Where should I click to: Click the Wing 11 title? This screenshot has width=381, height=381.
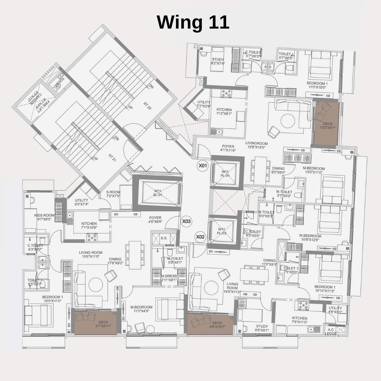point(193,23)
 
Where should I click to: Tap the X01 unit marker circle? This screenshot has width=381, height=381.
point(203,165)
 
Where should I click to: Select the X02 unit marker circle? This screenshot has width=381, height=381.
point(200,237)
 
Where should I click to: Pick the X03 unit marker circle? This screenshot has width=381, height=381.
point(186,222)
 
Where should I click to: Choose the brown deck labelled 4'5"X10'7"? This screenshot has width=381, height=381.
point(210,324)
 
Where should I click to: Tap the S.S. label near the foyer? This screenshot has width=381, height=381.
point(164,238)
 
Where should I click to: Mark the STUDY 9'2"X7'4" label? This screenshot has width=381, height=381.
point(217,61)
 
